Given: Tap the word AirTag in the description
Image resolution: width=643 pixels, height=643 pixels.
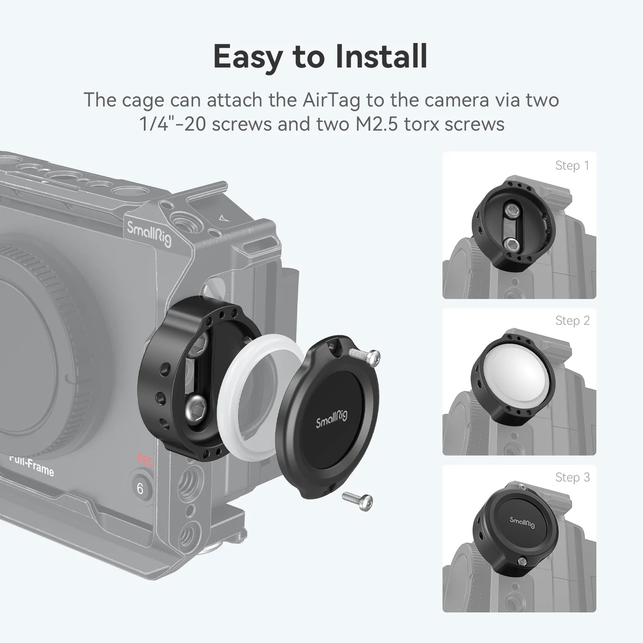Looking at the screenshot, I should [332, 100].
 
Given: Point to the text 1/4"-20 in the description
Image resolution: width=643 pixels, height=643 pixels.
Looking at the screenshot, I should [172, 124].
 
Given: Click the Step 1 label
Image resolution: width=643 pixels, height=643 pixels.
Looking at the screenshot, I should [572, 166].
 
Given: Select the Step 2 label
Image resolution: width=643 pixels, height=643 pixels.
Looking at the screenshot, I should [572, 321].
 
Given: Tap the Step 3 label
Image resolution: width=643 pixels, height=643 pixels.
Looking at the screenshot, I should [572, 477].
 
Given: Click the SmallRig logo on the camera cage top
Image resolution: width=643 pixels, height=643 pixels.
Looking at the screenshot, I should [149, 233].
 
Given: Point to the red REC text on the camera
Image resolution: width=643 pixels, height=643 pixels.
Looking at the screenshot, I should [145, 460].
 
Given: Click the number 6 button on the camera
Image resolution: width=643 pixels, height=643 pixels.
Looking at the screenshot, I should [140, 489].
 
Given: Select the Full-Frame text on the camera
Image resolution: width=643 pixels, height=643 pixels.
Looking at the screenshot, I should [32, 467].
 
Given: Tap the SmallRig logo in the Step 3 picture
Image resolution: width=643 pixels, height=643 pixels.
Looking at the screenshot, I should [522, 522].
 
